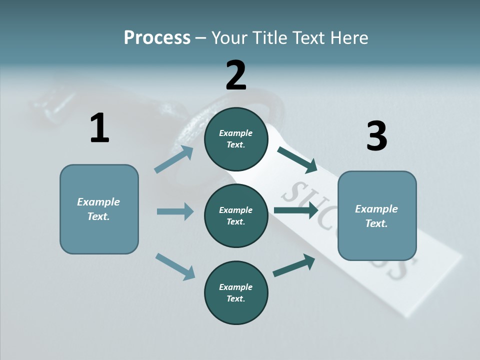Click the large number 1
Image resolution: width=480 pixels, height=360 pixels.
pyautogui.click(x=99, y=128)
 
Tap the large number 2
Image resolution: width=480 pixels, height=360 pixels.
pyautogui.click(x=236, y=75)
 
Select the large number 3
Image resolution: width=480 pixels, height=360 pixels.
pyautogui.click(x=376, y=136)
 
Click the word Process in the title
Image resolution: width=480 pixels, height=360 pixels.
pyautogui.click(x=157, y=37)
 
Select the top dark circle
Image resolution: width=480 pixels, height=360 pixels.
pyautogui.click(x=236, y=139)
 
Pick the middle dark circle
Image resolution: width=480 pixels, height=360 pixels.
pyautogui.click(x=236, y=215)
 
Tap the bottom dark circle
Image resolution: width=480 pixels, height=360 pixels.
pyautogui.click(x=236, y=292)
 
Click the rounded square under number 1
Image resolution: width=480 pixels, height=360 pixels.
pyautogui.click(x=99, y=209)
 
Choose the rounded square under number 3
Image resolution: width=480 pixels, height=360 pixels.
pyautogui.click(x=377, y=216)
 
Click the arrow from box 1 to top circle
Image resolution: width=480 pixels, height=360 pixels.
pyautogui.click(x=174, y=159)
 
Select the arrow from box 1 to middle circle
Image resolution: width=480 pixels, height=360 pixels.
pyautogui.click(x=175, y=211)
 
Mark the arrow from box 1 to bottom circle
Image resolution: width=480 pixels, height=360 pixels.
pyautogui.click(x=175, y=266)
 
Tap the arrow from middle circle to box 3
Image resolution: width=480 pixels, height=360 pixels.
pyautogui.click(x=296, y=210)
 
